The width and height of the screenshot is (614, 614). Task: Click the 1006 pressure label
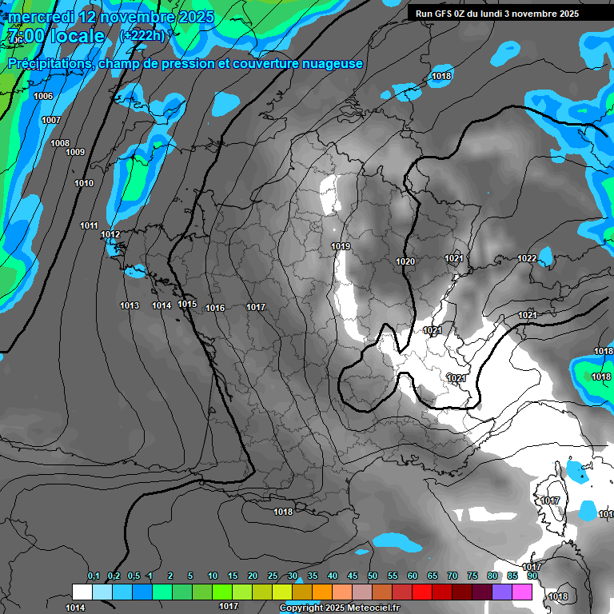coord(43,96)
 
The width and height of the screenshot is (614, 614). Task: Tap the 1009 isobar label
coord(75,152)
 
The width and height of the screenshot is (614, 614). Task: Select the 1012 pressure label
coord(110,234)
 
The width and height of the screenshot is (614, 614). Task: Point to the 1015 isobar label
coord(187,304)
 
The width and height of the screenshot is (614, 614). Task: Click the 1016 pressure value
coord(215,308)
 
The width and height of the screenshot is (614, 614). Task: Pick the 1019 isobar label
coord(341,246)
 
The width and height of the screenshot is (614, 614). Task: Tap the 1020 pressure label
coord(405,261)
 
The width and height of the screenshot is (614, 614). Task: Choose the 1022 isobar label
coord(527,258)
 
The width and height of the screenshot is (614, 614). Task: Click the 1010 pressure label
coord(84,183)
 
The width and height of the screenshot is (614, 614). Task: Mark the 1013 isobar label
coord(130,305)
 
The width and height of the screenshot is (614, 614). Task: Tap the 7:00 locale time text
coord(56,36)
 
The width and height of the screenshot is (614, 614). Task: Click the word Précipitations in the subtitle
coord(48,63)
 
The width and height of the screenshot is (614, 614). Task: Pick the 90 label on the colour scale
coord(532,576)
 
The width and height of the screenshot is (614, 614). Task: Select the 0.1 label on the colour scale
coord(93,576)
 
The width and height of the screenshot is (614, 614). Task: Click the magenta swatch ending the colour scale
coord(522,592)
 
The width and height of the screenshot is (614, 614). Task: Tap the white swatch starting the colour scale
coord(82,592)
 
